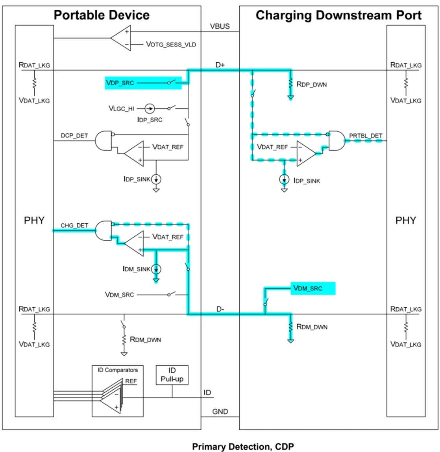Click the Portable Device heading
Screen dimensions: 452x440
pyautogui.click(x=102, y=15)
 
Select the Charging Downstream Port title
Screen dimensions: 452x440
pyautogui.click(x=338, y=15)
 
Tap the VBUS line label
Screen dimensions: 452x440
pyautogui.click(x=220, y=27)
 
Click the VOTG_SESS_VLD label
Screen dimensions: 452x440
pyautogui.click(x=171, y=45)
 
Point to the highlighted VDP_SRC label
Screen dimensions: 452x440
pyautogui.click(x=120, y=83)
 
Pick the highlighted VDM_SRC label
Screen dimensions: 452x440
pyautogui.click(x=308, y=288)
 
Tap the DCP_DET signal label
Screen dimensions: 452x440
pyautogui.click(x=74, y=136)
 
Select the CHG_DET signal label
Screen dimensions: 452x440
pyautogui.click(x=74, y=226)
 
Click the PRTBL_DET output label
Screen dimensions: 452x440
pyautogui.click(x=366, y=136)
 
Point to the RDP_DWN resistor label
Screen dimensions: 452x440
pyautogui.click(x=311, y=84)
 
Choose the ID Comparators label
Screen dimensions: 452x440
pyautogui.click(x=118, y=370)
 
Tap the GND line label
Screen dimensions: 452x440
pyautogui.click(x=220, y=412)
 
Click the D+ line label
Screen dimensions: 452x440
pyautogui.click(x=220, y=65)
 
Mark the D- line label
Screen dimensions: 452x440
pyautogui.click(x=220, y=309)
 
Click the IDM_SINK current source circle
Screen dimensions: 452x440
pyautogui.click(x=157, y=269)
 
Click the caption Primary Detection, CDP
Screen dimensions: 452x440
pyautogui.click(x=242, y=446)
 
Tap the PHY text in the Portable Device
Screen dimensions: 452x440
pyautogui.click(x=34, y=220)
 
